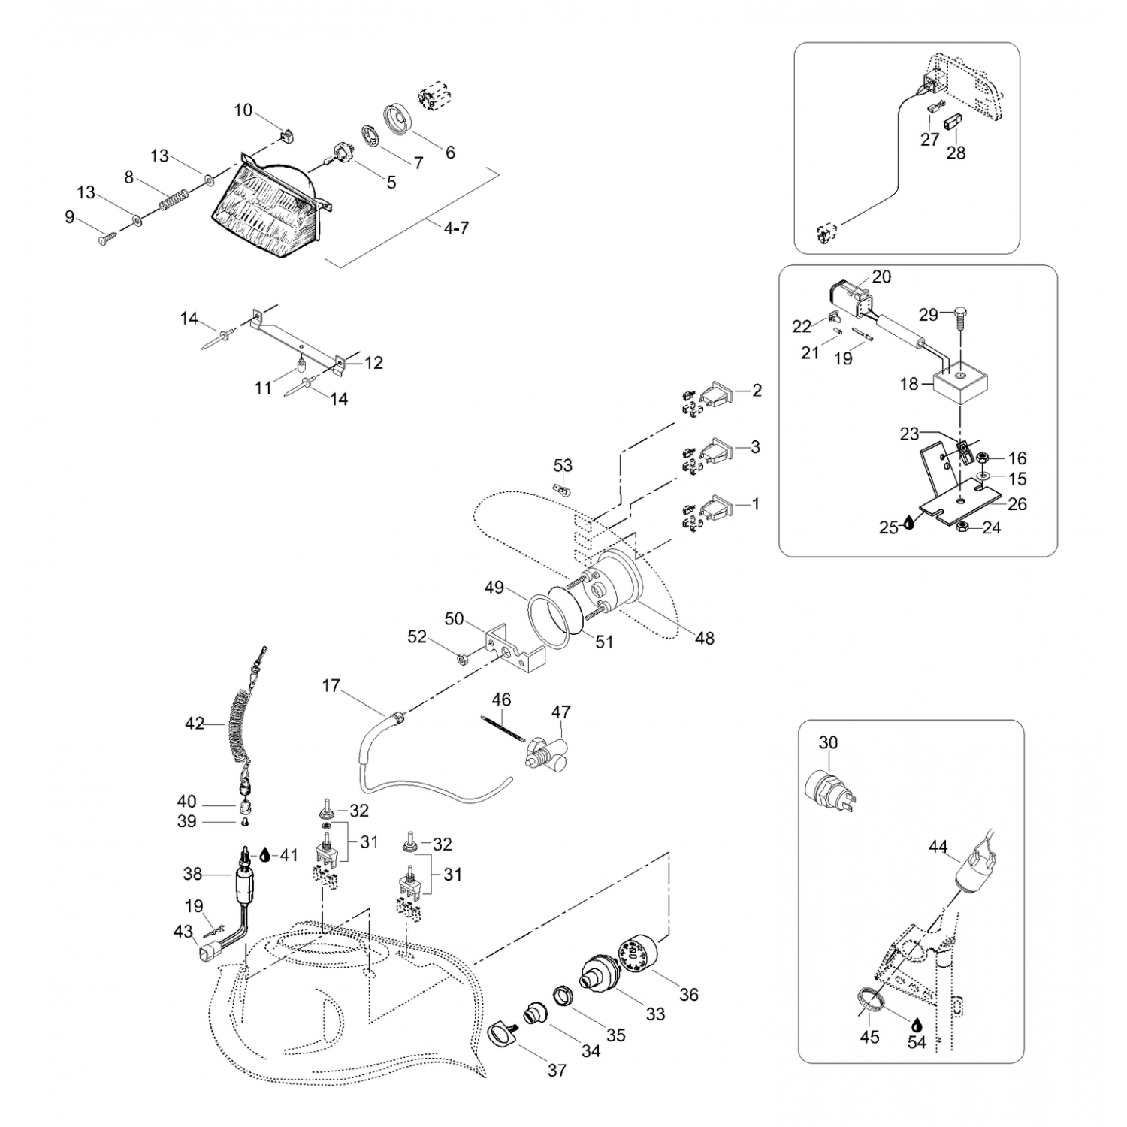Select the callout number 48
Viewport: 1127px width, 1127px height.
(x=704, y=638)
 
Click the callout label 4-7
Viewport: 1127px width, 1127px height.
(x=455, y=228)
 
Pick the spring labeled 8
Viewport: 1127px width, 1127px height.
(x=174, y=199)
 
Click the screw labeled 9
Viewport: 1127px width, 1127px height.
(x=105, y=238)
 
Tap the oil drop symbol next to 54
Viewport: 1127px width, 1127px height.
(x=917, y=1024)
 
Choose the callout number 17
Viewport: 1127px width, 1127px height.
(x=331, y=686)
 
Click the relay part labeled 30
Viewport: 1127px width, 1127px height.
(x=829, y=789)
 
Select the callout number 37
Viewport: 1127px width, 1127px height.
(x=557, y=1070)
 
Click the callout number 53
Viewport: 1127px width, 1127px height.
(x=563, y=465)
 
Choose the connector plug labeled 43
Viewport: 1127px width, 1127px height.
(x=205, y=955)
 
